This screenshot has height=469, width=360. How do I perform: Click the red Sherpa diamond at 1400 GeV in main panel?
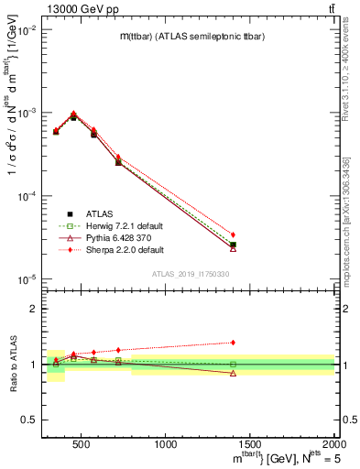coord(234,235)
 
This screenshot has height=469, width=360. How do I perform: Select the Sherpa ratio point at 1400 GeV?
coord(234,343)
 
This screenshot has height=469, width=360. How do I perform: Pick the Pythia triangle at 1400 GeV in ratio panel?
coord(234,374)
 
